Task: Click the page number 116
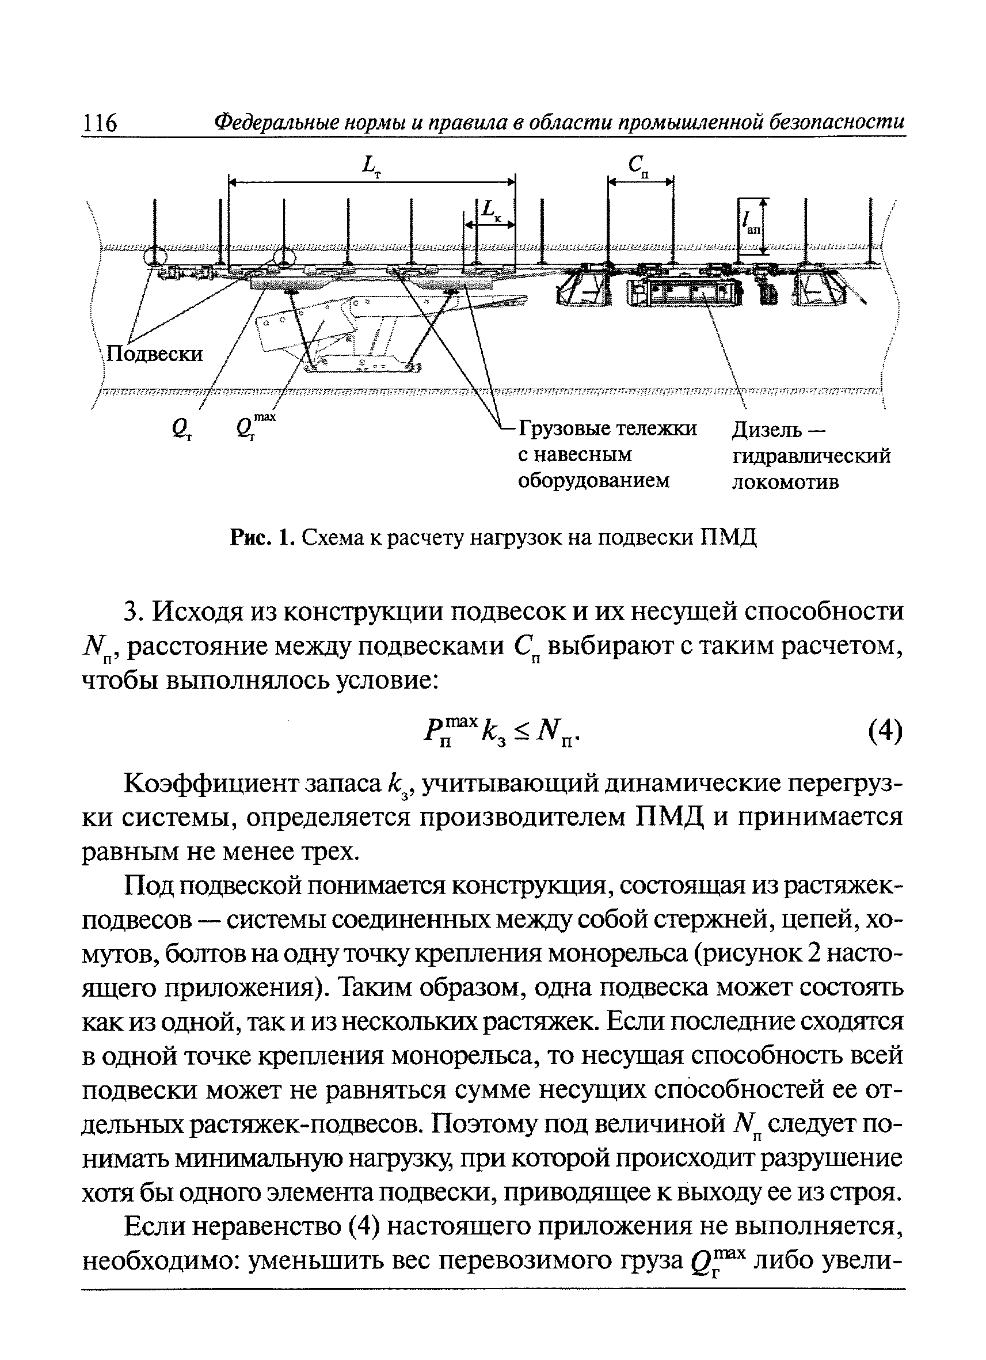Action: click(x=100, y=123)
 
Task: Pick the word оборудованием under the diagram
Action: click(x=593, y=481)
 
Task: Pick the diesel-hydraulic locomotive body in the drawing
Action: click(x=683, y=293)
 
